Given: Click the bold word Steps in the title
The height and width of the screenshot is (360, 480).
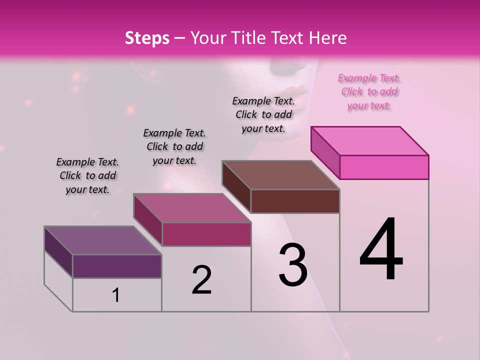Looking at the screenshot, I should tap(147, 38).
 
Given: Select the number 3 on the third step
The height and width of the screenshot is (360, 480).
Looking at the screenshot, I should tap(293, 265).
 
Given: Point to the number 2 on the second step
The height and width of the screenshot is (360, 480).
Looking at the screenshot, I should tap(202, 280).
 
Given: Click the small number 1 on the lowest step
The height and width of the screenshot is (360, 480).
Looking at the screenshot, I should tap(116, 295).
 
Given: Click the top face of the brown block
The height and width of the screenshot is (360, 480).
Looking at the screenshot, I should tap(281, 175).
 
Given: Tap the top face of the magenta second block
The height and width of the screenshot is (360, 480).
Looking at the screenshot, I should tap(192, 208).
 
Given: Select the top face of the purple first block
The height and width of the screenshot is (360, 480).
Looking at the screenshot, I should tap(103, 240).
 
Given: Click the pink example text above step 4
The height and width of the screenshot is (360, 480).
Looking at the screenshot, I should tap(369, 92).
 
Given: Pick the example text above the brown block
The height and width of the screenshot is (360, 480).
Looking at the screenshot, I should tap(263, 114).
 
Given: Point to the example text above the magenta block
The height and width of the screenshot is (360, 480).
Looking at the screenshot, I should tap(174, 146).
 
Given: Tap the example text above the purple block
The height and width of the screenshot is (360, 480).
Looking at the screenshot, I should tap(87, 175).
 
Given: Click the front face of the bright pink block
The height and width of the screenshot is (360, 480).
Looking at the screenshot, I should tap(384, 167).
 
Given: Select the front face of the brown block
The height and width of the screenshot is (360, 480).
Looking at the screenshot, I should tap(295, 201).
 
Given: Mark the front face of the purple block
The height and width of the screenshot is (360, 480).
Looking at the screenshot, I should tap(117, 266).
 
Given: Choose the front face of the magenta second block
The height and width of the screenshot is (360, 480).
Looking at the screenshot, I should tap(206, 234).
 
